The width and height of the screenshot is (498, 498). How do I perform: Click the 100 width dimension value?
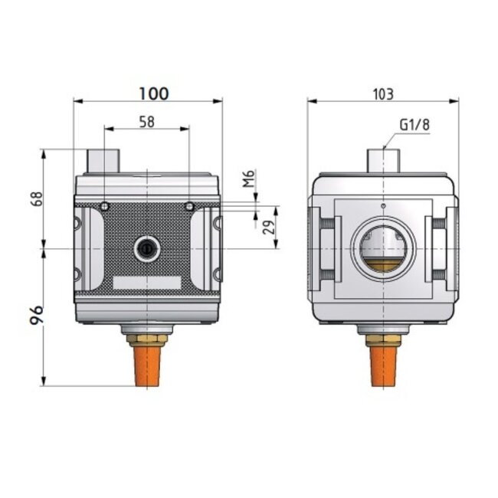point(153,93)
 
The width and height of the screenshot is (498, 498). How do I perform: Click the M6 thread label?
point(247,179)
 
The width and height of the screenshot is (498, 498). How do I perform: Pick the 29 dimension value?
point(267,228)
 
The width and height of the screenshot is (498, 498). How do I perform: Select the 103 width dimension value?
point(383,93)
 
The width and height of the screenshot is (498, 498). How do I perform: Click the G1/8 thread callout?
point(414,125)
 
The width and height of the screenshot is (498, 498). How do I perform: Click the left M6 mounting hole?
point(104,206)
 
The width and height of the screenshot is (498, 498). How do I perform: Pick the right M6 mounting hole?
point(189,206)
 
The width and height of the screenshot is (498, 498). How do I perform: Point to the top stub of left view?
point(103,160)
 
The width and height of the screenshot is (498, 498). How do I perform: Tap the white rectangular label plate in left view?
point(146,282)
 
